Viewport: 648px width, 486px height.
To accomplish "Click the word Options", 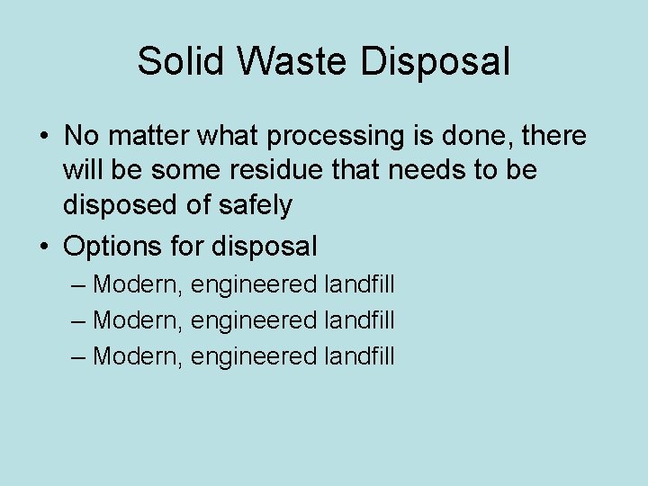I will coord(113,245).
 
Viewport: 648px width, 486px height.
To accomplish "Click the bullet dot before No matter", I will coord(43,137).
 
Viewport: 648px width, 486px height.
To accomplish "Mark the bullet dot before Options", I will coord(43,245).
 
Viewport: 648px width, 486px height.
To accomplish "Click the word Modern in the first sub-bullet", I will coord(139,285).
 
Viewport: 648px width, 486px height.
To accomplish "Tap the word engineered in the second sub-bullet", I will coord(255,320).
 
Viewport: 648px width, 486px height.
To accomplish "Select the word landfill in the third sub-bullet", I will coord(358,355).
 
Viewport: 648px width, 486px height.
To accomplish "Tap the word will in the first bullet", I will coord(82,171).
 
